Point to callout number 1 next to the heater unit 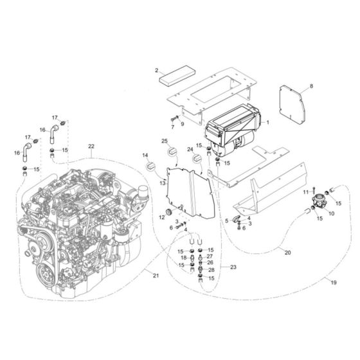pos(268,122)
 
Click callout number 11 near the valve pos(306,192)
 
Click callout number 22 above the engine pos(91,147)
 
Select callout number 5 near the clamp pos(226,221)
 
